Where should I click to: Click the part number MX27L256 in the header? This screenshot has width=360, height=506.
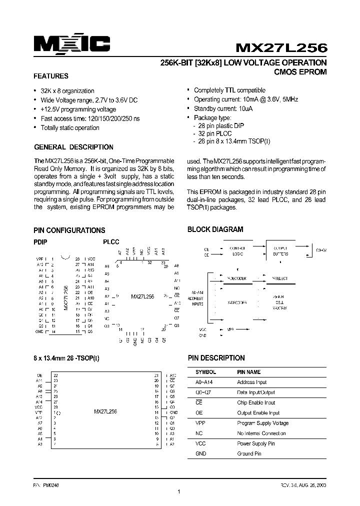pyautogui.click(x=281, y=47)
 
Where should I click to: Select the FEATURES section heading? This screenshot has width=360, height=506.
pyautogui.click(x=50, y=76)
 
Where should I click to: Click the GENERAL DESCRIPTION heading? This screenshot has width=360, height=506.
pyautogui.click(x=73, y=147)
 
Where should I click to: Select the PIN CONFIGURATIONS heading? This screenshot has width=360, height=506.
pyautogui.click(x=69, y=230)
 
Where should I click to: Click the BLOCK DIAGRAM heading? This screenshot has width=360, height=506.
pyautogui.click(x=215, y=229)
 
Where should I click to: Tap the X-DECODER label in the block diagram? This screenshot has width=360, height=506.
pyautogui.click(x=236, y=302)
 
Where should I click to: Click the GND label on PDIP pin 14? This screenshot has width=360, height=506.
pyautogui.click(x=39, y=331)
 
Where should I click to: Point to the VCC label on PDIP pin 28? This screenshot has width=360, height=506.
pyautogui.click(x=90, y=259)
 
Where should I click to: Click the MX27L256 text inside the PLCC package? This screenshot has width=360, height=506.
pyautogui.click(x=143, y=296)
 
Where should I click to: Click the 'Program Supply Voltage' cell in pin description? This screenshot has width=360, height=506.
pyautogui.click(x=262, y=423)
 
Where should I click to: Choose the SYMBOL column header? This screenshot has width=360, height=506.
pyautogui.click(x=205, y=372)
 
